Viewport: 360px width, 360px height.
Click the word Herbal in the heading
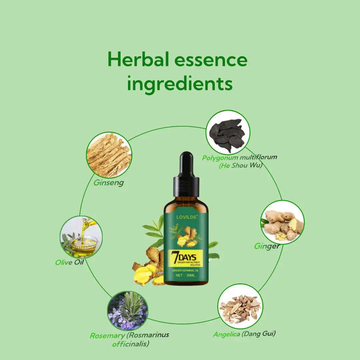(138, 59)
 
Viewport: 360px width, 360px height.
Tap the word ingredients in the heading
(180, 84)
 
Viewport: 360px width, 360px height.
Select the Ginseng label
(109, 183)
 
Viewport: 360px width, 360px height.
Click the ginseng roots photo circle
(109, 155)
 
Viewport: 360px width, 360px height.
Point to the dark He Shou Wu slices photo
(228, 132)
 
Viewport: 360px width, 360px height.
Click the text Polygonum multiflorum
(239, 157)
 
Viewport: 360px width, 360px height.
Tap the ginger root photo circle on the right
(282, 222)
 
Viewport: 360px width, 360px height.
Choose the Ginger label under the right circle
(267, 246)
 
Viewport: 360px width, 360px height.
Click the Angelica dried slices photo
(240, 306)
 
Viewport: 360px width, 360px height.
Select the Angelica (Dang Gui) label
(244, 334)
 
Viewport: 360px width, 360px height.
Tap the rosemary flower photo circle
(128, 311)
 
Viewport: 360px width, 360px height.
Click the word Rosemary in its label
(107, 336)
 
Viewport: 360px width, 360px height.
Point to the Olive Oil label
(69, 262)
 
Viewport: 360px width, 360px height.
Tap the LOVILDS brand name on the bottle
(186, 217)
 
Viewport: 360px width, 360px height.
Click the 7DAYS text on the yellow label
(184, 257)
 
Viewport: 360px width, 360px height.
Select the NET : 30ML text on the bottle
(185, 275)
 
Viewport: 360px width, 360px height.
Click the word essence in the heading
(211, 60)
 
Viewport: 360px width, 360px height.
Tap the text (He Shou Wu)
(240, 165)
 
